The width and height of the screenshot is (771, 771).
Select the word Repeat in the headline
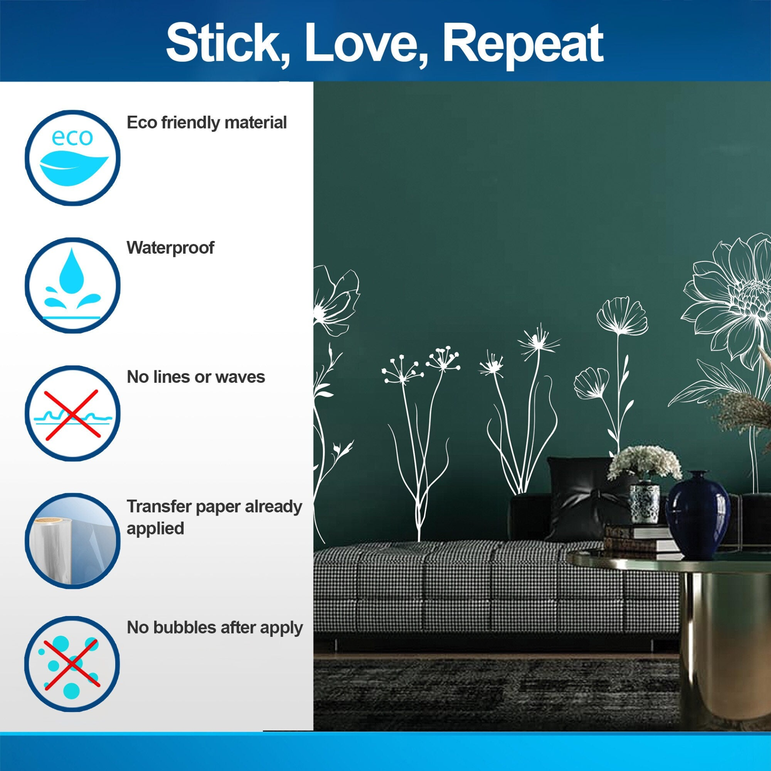coord(522,45)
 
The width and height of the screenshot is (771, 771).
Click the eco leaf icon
coord(73,158)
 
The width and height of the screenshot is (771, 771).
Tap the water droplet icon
coord(73,285)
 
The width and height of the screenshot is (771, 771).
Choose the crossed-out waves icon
coord(73,413)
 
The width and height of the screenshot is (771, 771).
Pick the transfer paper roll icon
coord(73,541)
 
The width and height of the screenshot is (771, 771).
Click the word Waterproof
coord(170,248)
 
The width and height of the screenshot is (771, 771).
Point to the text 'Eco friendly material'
coord(207,122)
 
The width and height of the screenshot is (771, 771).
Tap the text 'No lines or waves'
coord(196,377)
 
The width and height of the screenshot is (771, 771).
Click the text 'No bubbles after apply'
coord(215,628)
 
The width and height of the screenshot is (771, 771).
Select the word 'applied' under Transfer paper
coord(155,529)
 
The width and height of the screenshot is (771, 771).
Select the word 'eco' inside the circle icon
coord(72,138)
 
